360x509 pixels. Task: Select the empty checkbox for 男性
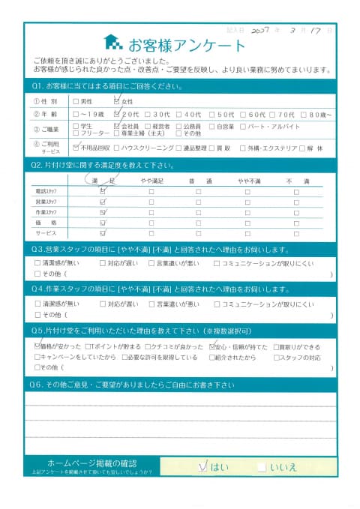75,100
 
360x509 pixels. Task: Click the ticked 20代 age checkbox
116,114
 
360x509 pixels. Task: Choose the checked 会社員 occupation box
116,127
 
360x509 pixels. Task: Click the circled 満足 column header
102,181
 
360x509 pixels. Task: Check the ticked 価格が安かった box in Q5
39,347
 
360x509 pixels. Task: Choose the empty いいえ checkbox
260,466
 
